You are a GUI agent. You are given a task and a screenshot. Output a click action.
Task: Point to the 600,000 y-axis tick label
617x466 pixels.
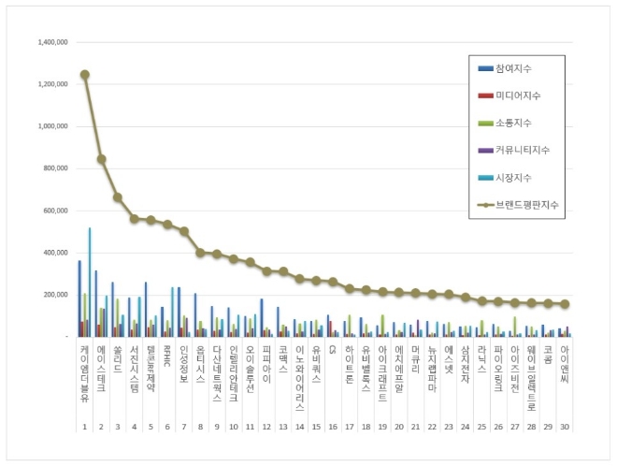coord(52,211)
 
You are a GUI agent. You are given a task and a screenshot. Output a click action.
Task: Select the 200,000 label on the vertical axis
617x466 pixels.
coord(52,295)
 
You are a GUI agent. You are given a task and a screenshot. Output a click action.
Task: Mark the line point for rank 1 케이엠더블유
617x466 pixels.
coord(85,75)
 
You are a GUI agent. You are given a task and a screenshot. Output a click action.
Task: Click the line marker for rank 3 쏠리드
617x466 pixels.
coord(118,197)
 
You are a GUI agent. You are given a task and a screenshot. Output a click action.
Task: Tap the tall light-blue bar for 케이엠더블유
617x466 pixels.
coord(90,281)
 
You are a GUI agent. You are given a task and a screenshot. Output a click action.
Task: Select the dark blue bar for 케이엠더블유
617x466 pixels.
coord(79,299)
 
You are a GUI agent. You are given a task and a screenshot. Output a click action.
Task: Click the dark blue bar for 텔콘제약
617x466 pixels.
coord(145,309)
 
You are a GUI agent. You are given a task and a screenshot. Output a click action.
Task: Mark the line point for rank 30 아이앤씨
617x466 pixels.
coord(563,304)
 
